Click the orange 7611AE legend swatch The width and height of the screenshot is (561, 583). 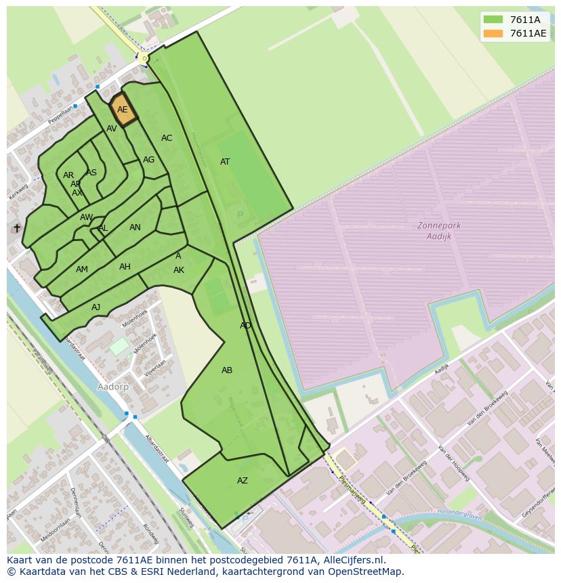[x=493, y=33]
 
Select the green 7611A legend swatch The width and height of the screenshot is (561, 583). [x=493, y=20]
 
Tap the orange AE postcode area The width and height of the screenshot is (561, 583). [x=123, y=110]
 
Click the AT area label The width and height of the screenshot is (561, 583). [x=225, y=162]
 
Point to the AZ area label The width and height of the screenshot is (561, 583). [x=242, y=481]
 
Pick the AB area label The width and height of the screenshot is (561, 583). [x=227, y=370]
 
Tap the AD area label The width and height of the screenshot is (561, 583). [x=245, y=326]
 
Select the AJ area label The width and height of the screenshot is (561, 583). [x=96, y=307]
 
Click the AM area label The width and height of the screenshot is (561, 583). [x=82, y=269]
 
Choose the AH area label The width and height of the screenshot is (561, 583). [x=125, y=267]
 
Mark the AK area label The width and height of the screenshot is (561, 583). [x=179, y=270]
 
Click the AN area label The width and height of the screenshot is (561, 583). [x=135, y=228]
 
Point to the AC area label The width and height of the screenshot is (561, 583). [x=167, y=138]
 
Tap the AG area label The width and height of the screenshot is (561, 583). [x=148, y=160]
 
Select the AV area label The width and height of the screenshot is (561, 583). [x=112, y=129]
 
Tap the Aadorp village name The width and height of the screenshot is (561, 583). [x=113, y=387]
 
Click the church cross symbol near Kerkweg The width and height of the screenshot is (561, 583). [x=17, y=228]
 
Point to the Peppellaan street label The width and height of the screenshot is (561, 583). [x=60, y=114]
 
